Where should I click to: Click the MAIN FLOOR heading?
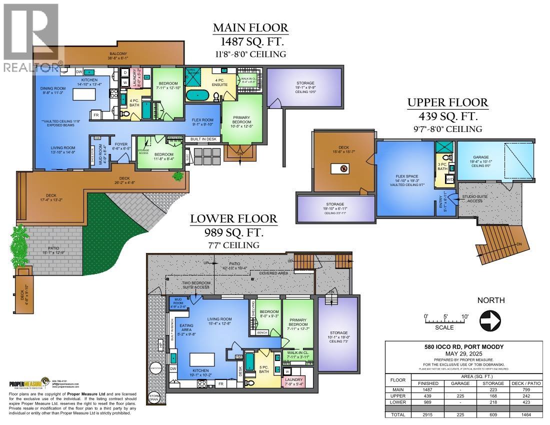tap(250, 27)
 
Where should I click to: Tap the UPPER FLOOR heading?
tap(447, 103)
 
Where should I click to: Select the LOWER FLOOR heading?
tap(233, 218)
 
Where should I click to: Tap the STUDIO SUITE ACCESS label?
tap(475, 198)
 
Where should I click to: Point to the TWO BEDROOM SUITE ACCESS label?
tap(195, 285)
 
